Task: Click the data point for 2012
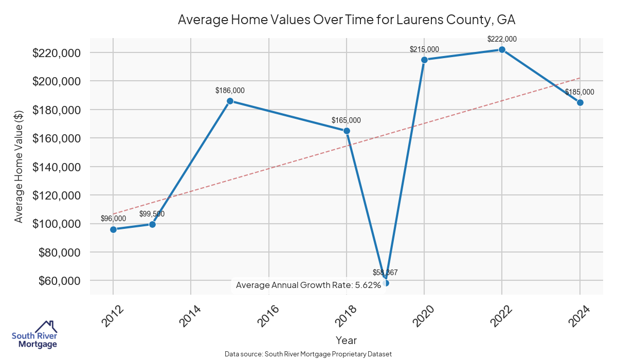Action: click(x=113, y=229)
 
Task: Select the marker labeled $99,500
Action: click(x=152, y=224)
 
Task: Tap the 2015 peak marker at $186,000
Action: click(x=230, y=101)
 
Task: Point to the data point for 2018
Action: click(x=347, y=131)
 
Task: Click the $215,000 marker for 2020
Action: click(x=424, y=60)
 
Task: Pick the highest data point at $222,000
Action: click(x=502, y=49)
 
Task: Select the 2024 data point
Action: click(x=580, y=102)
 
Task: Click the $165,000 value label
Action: click(x=346, y=120)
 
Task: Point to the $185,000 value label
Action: click(x=579, y=92)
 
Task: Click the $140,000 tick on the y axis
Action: click(x=56, y=167)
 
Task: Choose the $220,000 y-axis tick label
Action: click(x=56, y=53)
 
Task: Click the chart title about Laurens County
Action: click(x=347, y=20)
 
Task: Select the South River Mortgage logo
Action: click(x=34, y=334)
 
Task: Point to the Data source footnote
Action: click(x=308, y=354)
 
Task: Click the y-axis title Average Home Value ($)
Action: click(x=19, y=167)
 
